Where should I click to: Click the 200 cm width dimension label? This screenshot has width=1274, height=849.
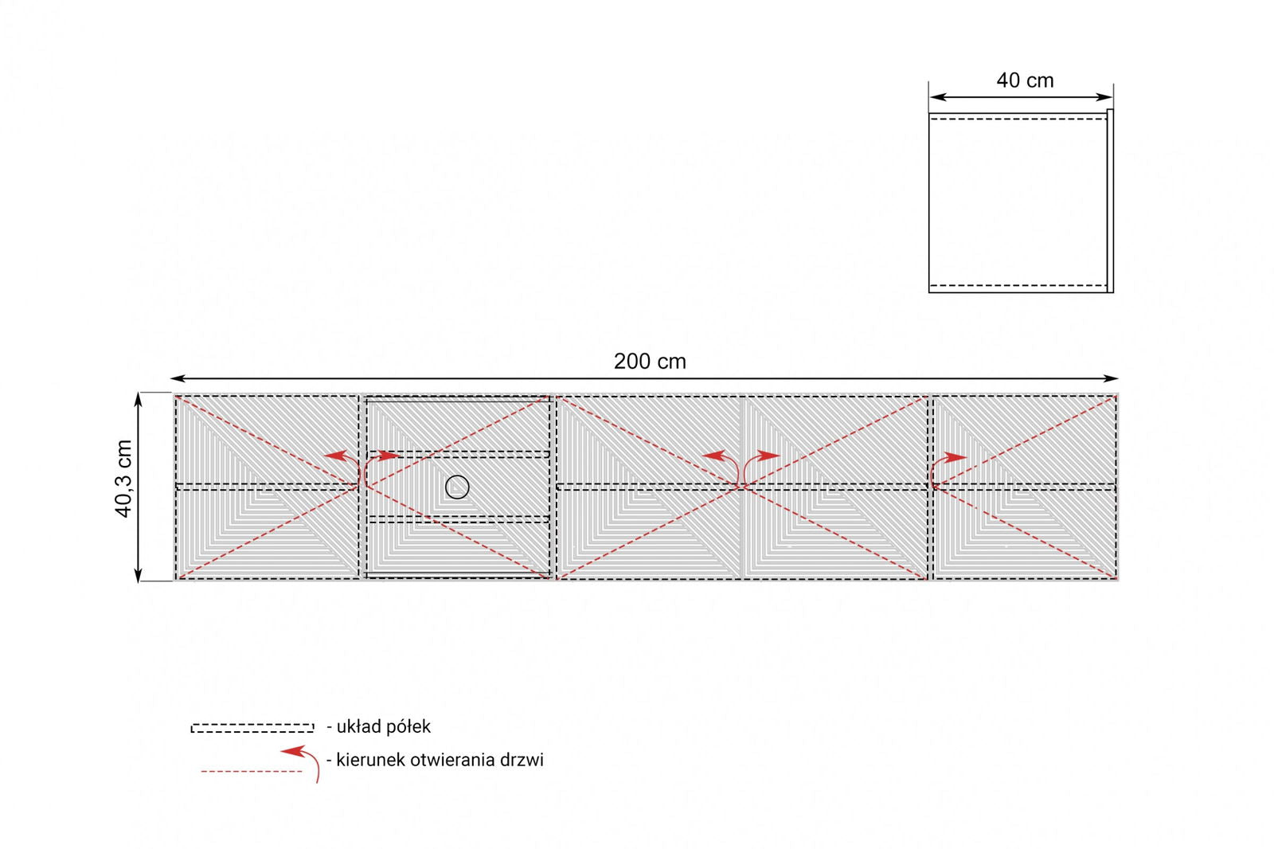pos(650,362)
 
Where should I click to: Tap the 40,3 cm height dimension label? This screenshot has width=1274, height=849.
pos(124,479)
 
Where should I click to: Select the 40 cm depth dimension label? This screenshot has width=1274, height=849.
pos(1025,80)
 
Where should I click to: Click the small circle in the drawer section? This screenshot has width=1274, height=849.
pos(457,487)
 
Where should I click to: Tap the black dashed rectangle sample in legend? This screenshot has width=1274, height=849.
pos(252,728)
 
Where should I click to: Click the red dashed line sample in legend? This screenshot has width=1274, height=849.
pos(252,771)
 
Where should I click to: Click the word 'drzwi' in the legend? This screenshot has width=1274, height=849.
pos(522,760)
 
